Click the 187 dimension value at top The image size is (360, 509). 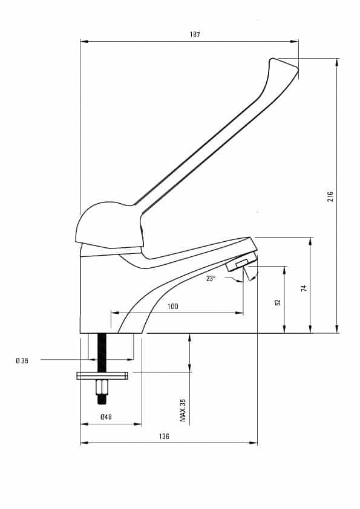[195, 34]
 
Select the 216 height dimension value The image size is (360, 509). [330, 196]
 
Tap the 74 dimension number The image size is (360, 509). [304, 288]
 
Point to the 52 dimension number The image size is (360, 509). [278, 302]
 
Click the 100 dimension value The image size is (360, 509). [172, 306]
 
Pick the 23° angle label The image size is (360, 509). [211, 278]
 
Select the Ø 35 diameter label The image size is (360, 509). [22, 360]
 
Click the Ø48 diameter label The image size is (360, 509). [106, 417]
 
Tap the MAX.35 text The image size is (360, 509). [183, 410]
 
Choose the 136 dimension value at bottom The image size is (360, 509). [164, 436]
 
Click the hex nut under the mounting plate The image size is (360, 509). [102, 387]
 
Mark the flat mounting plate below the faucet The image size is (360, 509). [102, 375]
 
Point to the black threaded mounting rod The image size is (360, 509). [102, 353]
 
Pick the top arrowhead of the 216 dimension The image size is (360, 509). [337, 63]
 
